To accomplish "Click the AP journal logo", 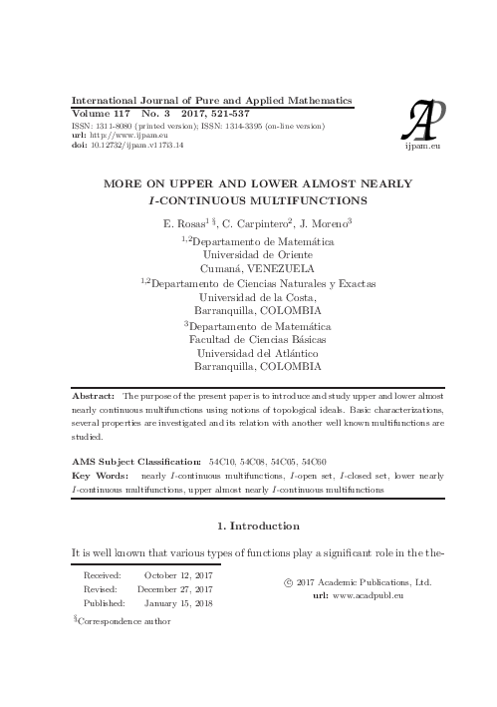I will [x=422, y=119].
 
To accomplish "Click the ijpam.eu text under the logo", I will [x=422, y=145].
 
